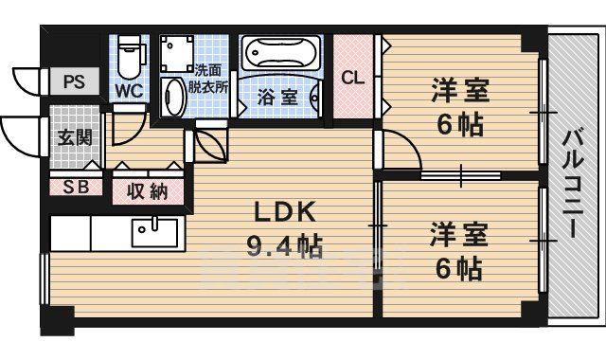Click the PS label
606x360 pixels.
point(74,81)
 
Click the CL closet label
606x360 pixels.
point(352,78)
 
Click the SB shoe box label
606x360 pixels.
point(76,187)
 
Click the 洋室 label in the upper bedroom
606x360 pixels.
point(460,91)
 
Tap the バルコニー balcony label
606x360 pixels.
point(573,180)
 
